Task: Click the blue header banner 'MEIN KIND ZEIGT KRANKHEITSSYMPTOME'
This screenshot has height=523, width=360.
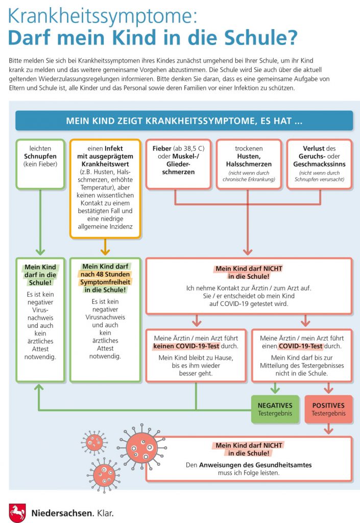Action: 184,121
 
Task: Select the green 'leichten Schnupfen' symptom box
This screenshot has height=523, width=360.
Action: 40,164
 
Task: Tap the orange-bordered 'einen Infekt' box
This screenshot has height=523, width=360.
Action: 105,189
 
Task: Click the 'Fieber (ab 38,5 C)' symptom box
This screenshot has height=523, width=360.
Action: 178,164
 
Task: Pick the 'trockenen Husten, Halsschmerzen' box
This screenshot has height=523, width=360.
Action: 249,164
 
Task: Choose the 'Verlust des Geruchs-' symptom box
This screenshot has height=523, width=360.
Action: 319,164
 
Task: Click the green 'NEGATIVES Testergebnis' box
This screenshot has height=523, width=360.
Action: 275,409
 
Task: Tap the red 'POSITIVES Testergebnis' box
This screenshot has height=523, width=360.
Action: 329,409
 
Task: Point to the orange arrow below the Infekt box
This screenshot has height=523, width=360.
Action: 105,247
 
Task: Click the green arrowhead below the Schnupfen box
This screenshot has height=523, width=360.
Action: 40,251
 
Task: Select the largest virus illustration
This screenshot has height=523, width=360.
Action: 142,447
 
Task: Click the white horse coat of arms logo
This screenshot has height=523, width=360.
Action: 17,513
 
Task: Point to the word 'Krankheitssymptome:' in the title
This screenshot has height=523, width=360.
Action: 102,16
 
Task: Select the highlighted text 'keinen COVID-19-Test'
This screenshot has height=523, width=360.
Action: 186,346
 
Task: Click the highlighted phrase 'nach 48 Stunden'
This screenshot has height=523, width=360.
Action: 105,274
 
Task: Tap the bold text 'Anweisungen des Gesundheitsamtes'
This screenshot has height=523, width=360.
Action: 255,465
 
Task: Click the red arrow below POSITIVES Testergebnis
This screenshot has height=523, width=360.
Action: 329,429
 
